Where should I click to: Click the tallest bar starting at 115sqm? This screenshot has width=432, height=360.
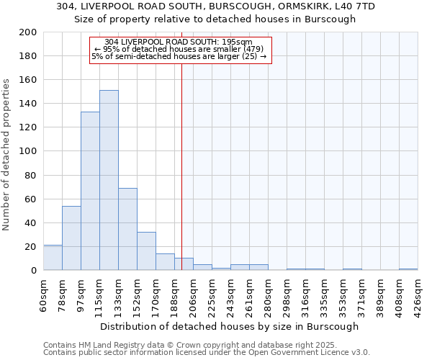[109, 180]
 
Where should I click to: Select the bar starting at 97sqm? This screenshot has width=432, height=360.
[90, 191]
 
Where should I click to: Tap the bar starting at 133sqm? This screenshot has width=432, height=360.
[127, 229]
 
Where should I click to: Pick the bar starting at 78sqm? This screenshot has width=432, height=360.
[71, 238]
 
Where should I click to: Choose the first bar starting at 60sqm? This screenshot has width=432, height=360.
[53, 258]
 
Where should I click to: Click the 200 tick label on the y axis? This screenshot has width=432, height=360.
[28, 32]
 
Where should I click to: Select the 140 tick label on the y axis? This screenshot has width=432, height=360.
[28, 104]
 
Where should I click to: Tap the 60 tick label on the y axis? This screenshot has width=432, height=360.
[31, 199]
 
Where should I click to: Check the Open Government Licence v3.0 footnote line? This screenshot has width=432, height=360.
[207, 353]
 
